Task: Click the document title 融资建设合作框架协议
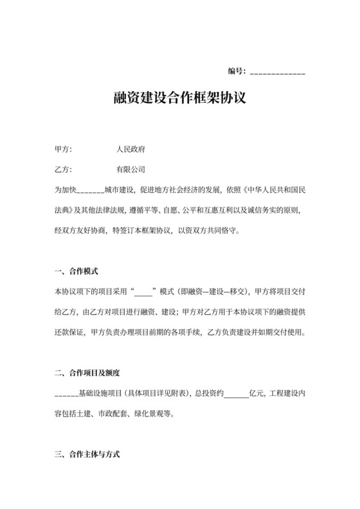(179, 101)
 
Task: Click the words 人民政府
(130, 150)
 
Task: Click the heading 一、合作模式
(76, 272)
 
